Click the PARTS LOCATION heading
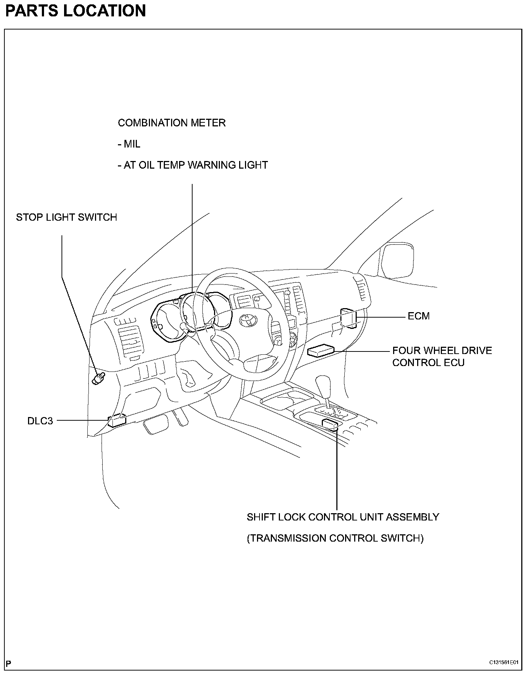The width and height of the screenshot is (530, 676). (75, 11)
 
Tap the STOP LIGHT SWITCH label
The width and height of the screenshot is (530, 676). (66, 217)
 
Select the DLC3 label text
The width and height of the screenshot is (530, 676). (40, 421)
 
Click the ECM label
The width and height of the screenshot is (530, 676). (418, 316)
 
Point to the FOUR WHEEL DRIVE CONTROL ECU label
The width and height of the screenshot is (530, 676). (442, 357)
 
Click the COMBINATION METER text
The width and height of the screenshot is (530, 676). (171, 123)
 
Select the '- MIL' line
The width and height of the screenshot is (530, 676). (129, 144)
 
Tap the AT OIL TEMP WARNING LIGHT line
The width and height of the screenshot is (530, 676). (193, 165)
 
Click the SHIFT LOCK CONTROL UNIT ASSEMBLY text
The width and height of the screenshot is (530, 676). (343, 517)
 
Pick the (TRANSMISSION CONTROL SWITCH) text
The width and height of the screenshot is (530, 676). (335, 538)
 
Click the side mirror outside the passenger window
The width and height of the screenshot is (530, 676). (396, 261)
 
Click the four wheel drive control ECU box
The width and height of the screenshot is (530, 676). (321, 351)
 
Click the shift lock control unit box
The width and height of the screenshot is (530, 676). (331, 424)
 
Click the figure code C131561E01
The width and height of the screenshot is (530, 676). (503, 662)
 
